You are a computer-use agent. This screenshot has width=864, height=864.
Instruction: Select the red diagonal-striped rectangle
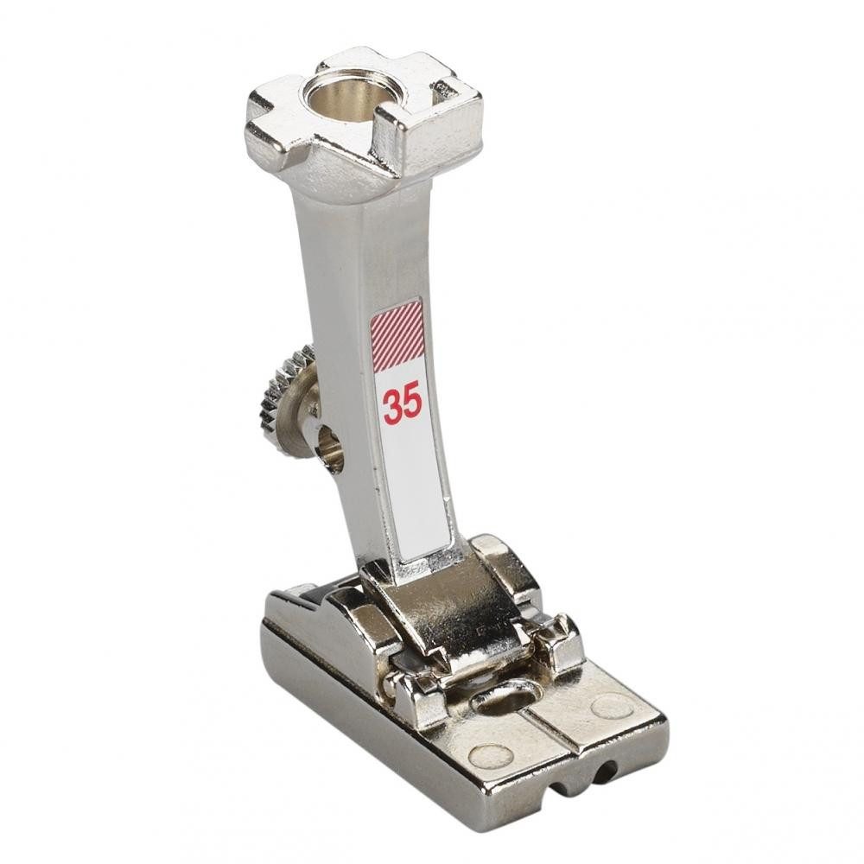(x=397, y=334)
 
